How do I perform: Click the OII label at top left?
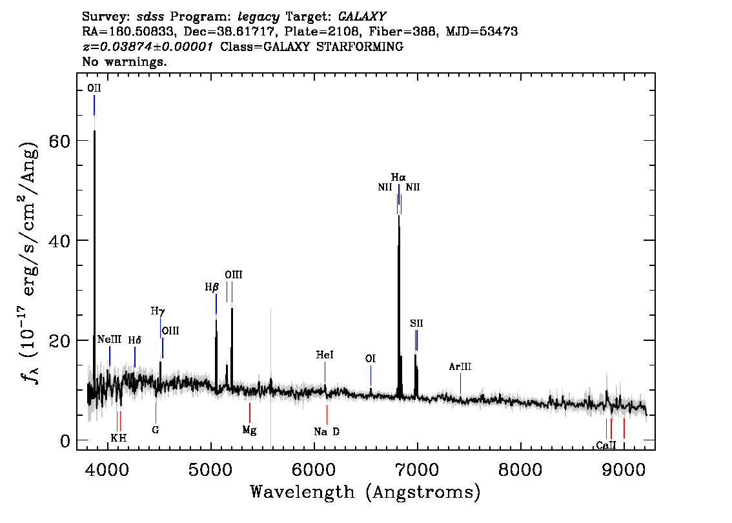click(x=94, y=88)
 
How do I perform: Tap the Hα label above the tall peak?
click(x=398, y=178)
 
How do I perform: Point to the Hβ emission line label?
click(x=212, y=287)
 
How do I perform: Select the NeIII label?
click(x=109, y=340)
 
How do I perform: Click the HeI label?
click(x=325, y=355)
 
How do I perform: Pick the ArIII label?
click(x=460, y=367)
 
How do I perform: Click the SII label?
click(x=416, y=323)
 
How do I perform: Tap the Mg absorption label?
click(x=249, y=430)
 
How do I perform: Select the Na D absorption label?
click(x=327, y=432)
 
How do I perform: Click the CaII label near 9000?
click(x=606, y=446)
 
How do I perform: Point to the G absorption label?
click(x=156, y=429)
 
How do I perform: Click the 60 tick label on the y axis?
click(x=59, y=141)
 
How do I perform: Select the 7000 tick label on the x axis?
click(x=417, y=470)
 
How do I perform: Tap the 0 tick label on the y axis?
click(x=65, y=441)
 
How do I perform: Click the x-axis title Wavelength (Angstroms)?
click(x=365, y=492)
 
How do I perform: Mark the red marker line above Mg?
click(x=250, y=413)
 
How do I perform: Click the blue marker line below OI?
click(x=371, y=376)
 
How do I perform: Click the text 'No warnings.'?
click(x=124, y=61)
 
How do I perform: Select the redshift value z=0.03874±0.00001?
click(x=148, y=46)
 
